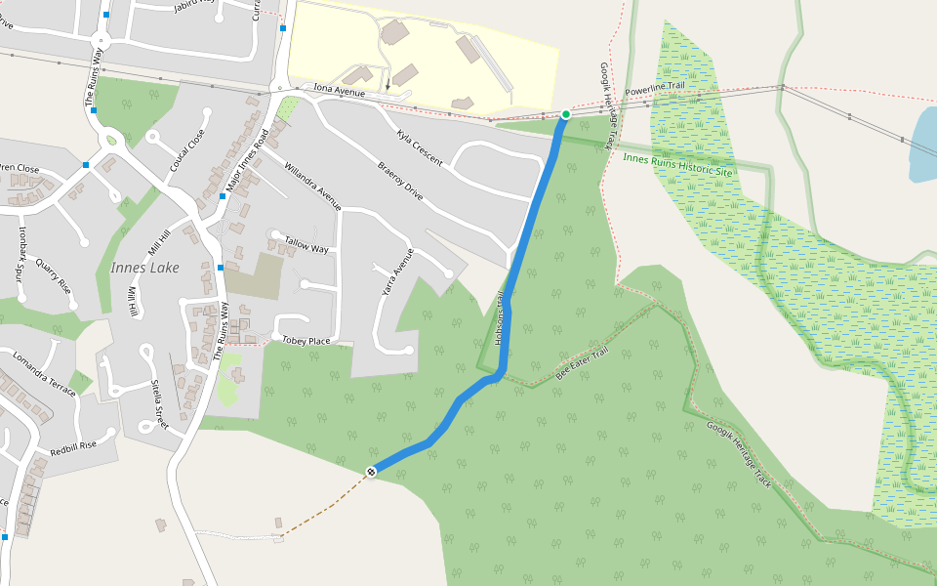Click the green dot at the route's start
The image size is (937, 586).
565,114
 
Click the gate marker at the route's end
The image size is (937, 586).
371,473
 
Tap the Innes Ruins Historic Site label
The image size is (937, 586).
676,164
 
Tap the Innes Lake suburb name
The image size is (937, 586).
144,268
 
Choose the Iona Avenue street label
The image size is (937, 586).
339,92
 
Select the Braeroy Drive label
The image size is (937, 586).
400,180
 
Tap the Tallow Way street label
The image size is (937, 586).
306,244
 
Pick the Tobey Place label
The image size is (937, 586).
306,340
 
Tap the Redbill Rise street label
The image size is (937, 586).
74,449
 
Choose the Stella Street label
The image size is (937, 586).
155,405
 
